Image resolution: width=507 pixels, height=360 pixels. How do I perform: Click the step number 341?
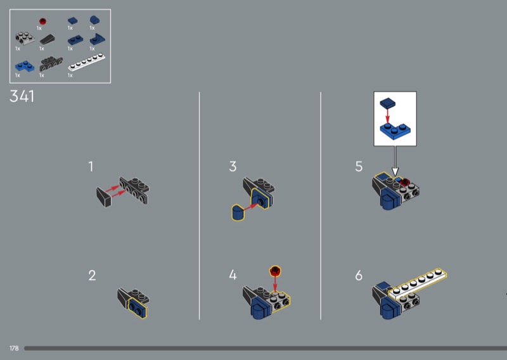pos(22,96)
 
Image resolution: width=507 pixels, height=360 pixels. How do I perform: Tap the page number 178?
pos(14,348)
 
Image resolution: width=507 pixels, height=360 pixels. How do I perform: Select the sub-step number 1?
pos(91,167)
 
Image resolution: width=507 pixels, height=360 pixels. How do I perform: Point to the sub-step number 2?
pos(92,276)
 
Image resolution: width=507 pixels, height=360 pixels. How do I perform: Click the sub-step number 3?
pos(233,167)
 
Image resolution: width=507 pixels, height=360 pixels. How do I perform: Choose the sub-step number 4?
pos(233,275)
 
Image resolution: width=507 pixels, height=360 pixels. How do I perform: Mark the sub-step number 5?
pos(359,167)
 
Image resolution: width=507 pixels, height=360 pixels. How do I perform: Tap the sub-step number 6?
pos(359,276)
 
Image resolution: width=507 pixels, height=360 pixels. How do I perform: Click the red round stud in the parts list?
pos(42,22)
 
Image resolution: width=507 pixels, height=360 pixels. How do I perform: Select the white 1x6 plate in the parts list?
pos(86,62)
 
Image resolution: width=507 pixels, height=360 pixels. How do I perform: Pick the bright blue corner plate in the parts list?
pos(25,66)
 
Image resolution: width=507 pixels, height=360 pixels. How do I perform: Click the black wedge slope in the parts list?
pos(47,39)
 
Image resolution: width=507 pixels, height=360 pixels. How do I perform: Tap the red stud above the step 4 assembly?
pos(275,271)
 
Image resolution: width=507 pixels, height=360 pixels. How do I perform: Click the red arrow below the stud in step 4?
pos(275,284)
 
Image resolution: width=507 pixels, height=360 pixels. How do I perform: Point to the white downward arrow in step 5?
pos(395,161)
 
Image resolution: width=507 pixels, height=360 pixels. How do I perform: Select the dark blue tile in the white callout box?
pos(387,103)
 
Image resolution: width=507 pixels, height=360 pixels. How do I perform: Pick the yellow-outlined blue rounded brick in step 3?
pos(238,212)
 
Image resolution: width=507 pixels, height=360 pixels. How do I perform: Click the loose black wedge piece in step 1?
pos(103,197)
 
